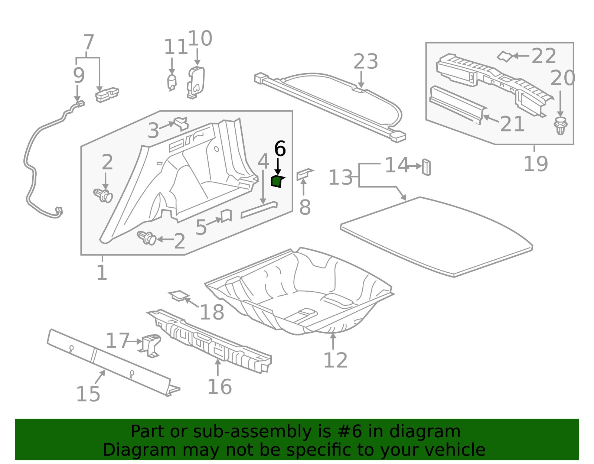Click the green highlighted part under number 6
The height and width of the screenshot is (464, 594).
pos(277,182)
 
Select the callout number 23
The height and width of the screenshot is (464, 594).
pos(366,62)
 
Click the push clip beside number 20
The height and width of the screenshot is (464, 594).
pos(560,126)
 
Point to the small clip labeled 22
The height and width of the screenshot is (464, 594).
pos(505,56)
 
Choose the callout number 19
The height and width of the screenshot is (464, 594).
pos(536,164)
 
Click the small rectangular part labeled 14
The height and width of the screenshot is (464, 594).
pos(426,167)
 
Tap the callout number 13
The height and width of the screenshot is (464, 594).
pos(340,178)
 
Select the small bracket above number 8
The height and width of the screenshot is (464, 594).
pos(305,174)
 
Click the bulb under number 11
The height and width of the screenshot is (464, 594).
pos(172,82)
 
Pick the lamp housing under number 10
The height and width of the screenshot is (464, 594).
pos(195,82)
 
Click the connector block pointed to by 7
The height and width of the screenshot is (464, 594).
pos(107,95)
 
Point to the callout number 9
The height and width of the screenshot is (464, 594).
pos(79,75)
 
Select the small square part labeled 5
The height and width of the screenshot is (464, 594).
pos(226,216)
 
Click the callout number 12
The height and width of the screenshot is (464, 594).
pos(335,360)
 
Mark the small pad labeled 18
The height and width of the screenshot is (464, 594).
pos(179,296)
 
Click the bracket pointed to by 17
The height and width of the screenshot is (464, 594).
pos(150,345)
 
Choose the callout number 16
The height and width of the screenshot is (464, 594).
pos(220,387)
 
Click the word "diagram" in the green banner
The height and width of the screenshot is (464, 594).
pos(425,431)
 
